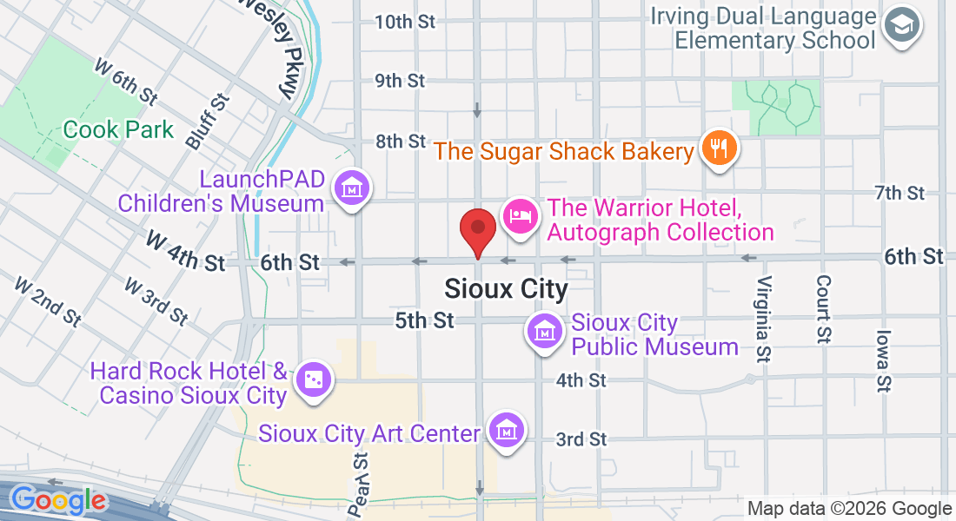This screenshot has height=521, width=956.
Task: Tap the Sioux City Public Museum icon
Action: coord(544,330)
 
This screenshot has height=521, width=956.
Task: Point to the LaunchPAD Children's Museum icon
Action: coord(353,188)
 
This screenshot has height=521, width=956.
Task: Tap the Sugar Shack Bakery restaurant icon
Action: coord(718,149)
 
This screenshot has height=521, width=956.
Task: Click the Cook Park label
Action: coord(119,130)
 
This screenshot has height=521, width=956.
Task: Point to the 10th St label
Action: coord(404,22)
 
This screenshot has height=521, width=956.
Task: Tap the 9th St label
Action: coord(400,81)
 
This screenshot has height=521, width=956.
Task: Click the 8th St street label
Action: coord(400,141)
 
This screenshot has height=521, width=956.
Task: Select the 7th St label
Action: coord(900,193)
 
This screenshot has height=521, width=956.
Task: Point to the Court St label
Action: coord(823,308)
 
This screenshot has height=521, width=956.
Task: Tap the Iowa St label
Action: coord(884,359)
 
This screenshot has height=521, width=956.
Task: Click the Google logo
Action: coord(58,500)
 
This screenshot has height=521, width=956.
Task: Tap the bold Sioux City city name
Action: coord(506,288)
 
